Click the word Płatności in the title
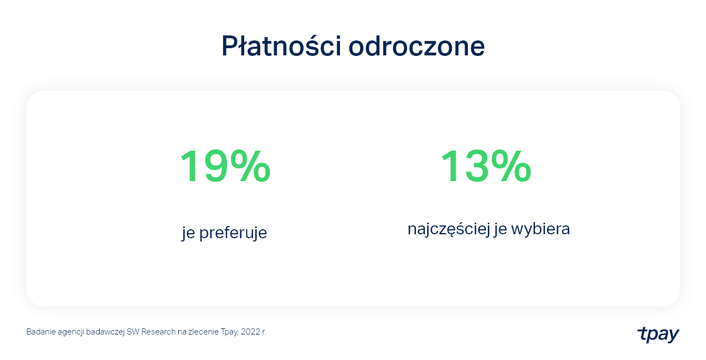281,46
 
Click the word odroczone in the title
416,46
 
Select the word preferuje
233,233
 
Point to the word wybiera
540,229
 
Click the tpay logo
658,334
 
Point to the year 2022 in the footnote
251,332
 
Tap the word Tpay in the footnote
229,332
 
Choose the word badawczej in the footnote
105,332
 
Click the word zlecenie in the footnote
203,332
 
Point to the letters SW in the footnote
133,332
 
